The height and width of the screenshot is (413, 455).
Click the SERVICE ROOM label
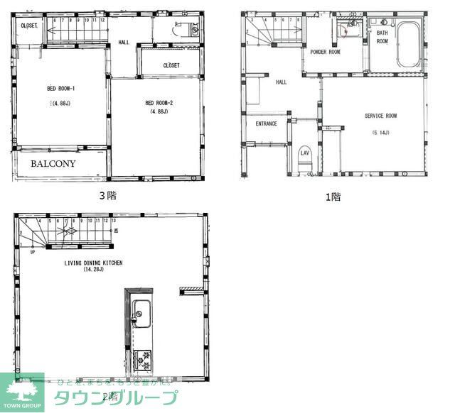pos(380,116)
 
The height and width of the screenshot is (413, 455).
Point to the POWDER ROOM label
pos(325,52)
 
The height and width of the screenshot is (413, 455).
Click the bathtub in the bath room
pos(409,46)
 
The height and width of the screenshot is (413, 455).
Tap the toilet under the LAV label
pos(305,163)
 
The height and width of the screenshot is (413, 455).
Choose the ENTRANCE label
pos(267,124)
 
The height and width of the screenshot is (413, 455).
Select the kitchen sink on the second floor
pos(141,312)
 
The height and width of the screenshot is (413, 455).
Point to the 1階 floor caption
pos(333,197)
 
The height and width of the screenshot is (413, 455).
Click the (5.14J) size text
pos(380,133)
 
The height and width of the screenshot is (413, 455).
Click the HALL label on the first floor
pos(281,82)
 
